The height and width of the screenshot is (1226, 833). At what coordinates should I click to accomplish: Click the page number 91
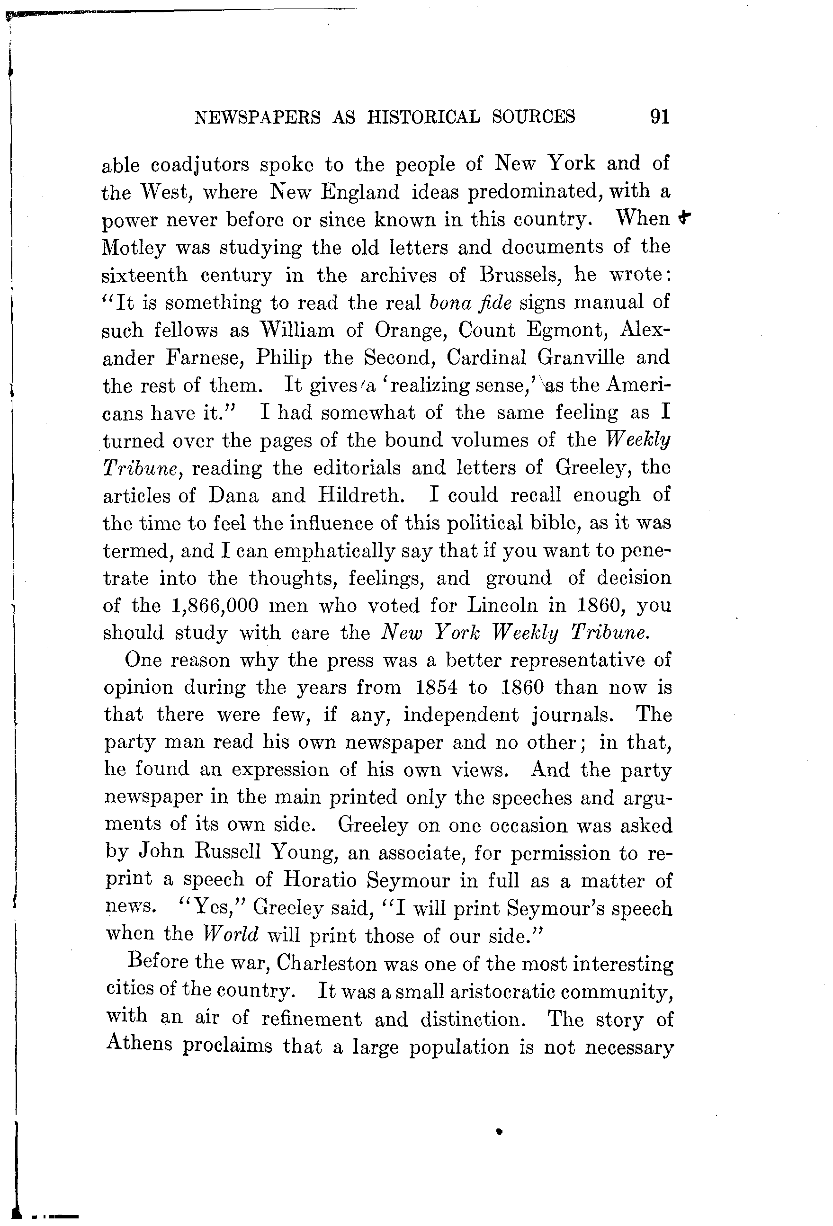(x=659, y=116)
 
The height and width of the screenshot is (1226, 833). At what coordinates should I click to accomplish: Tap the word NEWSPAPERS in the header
(x=257, y=116)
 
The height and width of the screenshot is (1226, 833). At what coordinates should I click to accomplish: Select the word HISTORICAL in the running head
(x=423, y=116)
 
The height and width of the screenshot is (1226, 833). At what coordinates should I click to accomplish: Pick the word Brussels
(x=521, y=275)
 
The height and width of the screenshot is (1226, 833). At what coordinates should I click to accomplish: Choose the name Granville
(x=581, y=358)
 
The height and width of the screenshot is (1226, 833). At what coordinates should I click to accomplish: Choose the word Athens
(x=139, y=1045)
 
